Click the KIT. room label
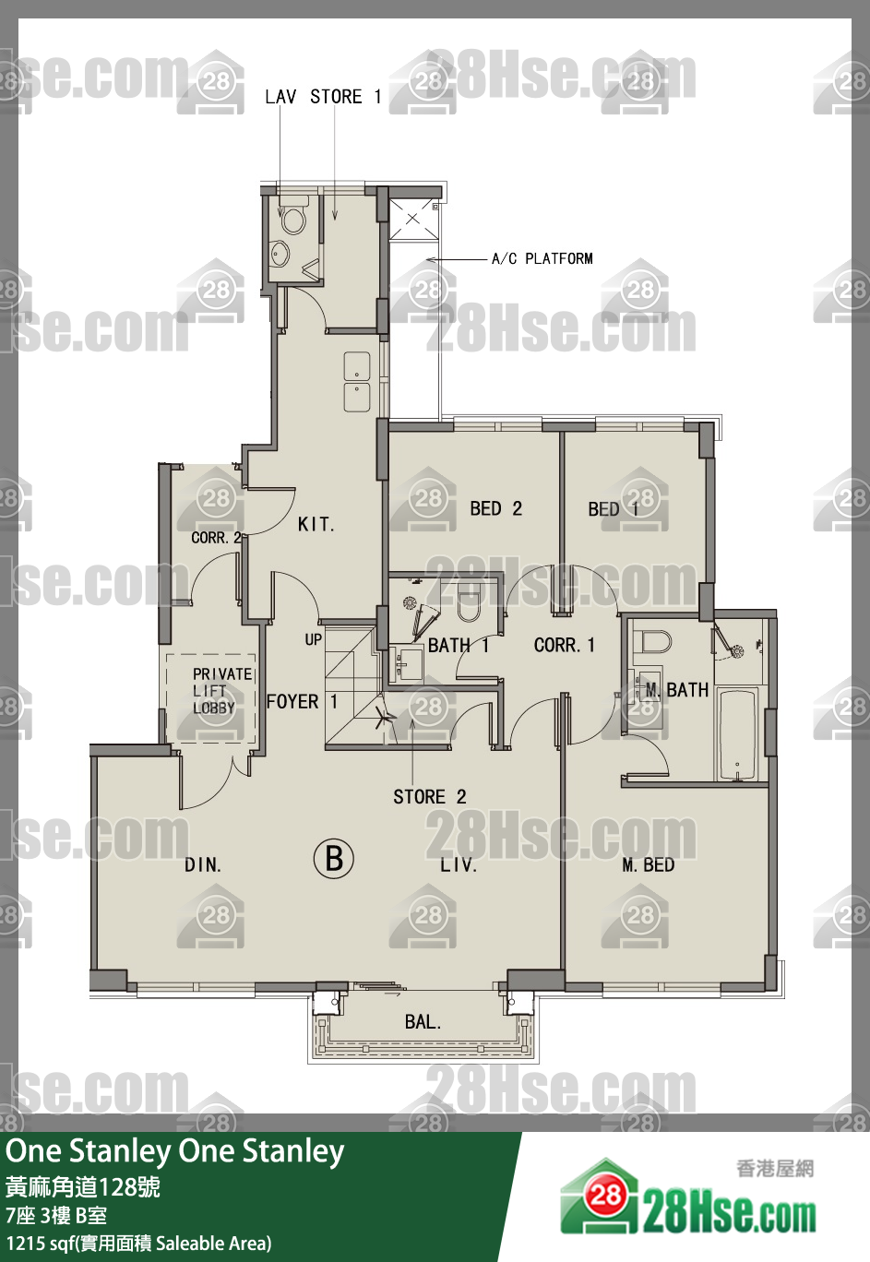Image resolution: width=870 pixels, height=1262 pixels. [316, 525]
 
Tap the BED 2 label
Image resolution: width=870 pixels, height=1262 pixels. [495, 508]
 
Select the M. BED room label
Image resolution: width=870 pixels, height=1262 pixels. [648, 864]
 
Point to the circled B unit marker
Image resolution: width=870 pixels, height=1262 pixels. [334, 859]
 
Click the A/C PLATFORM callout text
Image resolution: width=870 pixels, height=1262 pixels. [542, 258]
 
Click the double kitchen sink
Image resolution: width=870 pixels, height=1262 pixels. [357, 383]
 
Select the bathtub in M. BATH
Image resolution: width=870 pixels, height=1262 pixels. [737, 734]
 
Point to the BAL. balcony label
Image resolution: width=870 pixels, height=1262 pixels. [423, 1022]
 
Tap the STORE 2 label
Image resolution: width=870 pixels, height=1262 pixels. [429, 797]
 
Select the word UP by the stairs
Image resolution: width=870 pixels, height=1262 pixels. [314, 639]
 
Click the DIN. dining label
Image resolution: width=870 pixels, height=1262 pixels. [203, 864]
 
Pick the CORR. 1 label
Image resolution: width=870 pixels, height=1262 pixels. [564, 645]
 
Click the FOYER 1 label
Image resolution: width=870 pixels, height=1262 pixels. [302, 701]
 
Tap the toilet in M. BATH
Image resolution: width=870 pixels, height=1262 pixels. [652, 641]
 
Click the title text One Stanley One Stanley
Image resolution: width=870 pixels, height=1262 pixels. [174, 1151]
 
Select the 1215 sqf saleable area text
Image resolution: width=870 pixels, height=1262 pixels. [138, 1243]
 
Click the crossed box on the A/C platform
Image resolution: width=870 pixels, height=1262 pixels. [413, 219]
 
